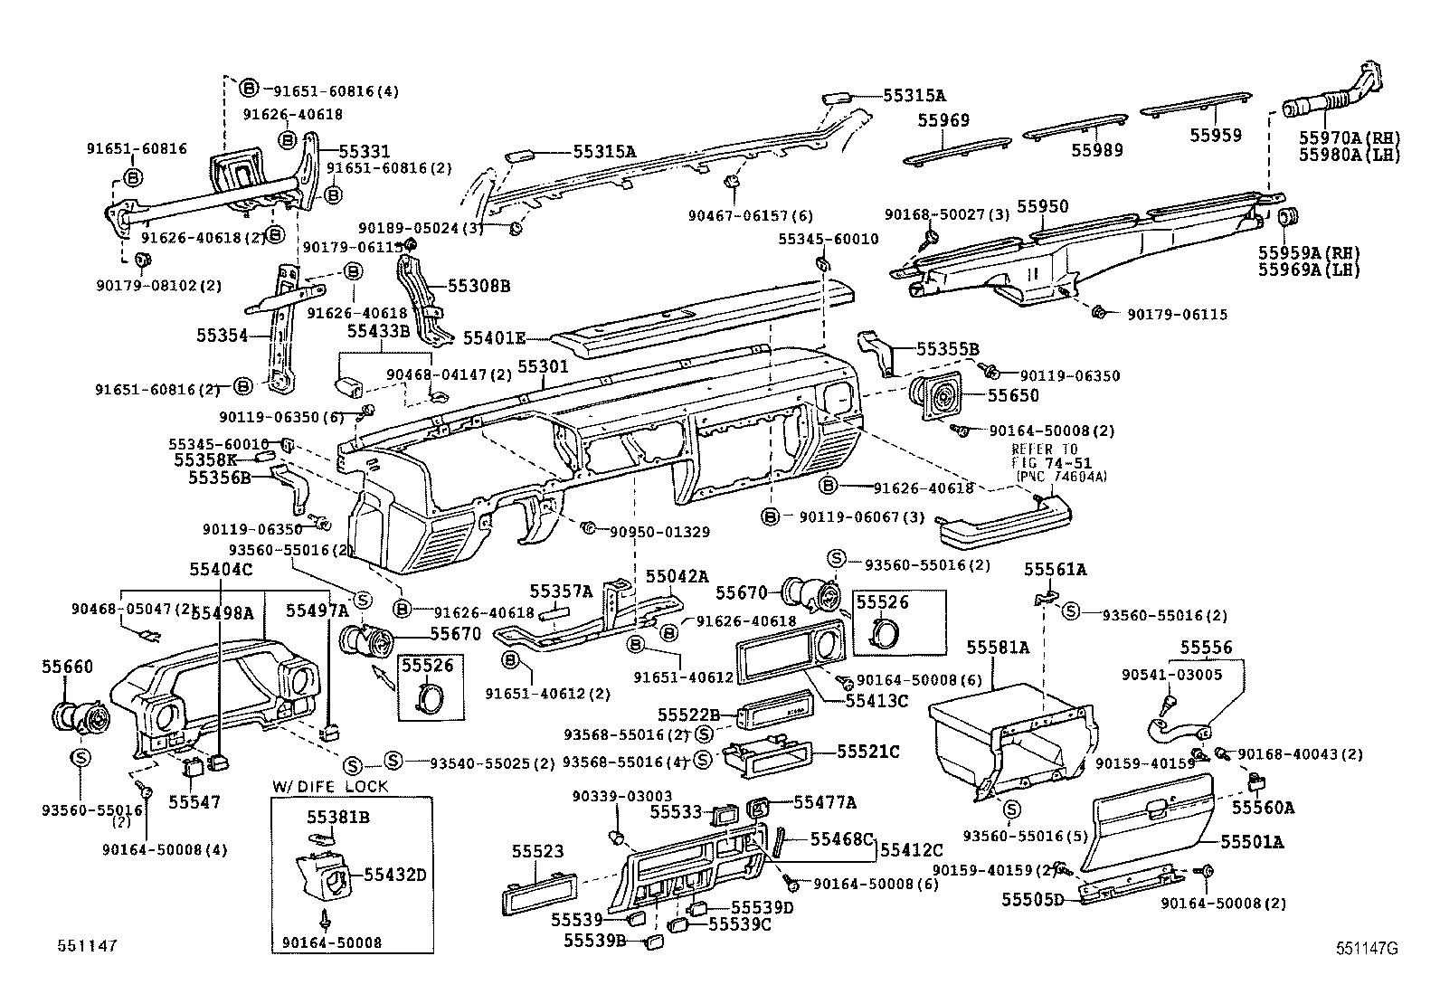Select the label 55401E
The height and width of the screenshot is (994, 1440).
point(494,338)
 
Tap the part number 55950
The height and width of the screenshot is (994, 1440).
point(1042,206)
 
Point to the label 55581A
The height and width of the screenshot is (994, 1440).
point(998,648)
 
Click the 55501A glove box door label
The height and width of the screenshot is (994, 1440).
point(1252,842)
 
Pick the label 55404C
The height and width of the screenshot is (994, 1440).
point(220,569)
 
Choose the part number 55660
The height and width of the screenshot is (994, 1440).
point(67,667)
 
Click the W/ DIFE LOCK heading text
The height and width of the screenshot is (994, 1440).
point(330,786)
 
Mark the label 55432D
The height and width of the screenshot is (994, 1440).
point(395,875)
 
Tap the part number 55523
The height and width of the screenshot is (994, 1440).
point(537,851)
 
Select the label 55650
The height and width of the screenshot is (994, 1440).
point(1013,395)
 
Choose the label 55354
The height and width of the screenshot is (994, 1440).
point(222,336)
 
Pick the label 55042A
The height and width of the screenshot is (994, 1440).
point(677,576)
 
